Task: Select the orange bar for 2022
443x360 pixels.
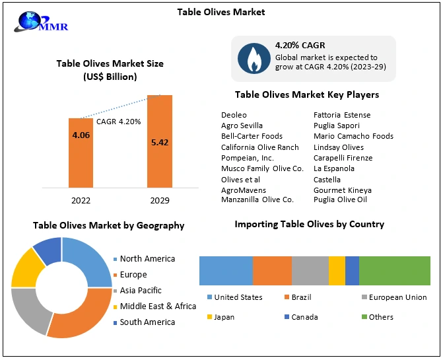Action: click(81, 152)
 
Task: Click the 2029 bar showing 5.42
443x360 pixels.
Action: click(159, 141)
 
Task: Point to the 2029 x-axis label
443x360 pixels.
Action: click(159, 200)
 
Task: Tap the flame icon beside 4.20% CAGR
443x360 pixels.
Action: click(253, 58)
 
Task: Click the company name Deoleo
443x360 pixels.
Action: click(233, 115)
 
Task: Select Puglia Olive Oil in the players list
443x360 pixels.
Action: click(340, 199)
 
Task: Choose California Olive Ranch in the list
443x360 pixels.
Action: click(259, 147)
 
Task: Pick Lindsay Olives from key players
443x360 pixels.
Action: click(338, 147)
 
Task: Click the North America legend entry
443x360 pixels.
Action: click(147, 259)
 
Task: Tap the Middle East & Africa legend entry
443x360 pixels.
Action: click(158, 306)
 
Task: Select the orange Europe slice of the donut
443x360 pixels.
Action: click(83, 320)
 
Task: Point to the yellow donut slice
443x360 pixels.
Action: click(25, 268)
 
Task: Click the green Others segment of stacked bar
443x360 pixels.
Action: click(394, 271)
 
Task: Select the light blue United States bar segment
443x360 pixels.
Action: click(226, 271)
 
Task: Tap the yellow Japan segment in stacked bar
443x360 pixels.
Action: click(337, 271)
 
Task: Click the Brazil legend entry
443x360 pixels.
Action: click(302, 297)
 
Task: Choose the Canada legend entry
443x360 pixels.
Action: click(304, 317)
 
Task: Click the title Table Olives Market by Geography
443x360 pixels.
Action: click(108, 225)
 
